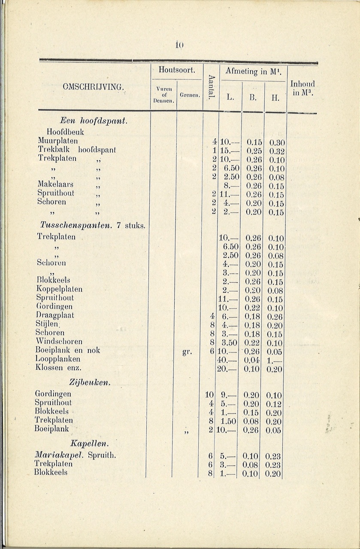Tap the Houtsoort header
tap(177, 69)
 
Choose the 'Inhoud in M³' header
tap(302, 87)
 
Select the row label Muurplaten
tap(57, 141)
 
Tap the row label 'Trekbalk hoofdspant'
tap(77, 150)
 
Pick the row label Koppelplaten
tap(59, 289)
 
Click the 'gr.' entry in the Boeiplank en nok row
tap(186, 352)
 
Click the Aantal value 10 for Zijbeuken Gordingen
tap(209, 394)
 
